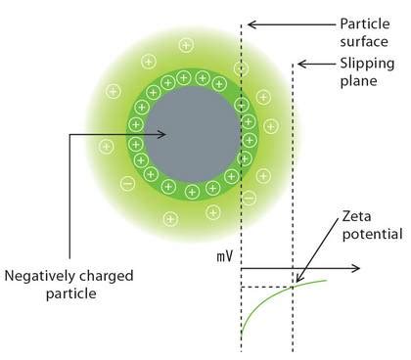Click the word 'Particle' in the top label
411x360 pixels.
click(364, 22)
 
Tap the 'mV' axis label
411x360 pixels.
click(224, 257)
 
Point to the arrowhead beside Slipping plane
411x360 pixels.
click(301, 65)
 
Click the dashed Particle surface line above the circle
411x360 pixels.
click(242, 49)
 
